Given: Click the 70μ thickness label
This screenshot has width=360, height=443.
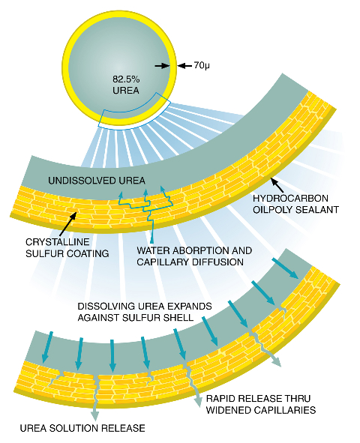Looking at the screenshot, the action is pos(202,65).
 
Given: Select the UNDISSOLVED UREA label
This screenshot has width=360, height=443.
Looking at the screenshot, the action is pos(97,181).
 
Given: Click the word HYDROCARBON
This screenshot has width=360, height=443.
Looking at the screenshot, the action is pos(290,199).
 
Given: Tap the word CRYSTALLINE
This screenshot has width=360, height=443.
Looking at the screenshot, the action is pos(58,242).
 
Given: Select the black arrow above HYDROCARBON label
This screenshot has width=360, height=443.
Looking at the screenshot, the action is pos(277,184).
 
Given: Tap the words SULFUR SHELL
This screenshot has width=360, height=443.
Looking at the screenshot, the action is pos(158,318).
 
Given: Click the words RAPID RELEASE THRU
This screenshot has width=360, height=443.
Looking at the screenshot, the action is pos(258,398).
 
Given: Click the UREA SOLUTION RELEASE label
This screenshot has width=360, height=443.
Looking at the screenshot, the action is pos(82,428).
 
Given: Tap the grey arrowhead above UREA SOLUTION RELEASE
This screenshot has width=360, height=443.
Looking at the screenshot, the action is pos(95,415).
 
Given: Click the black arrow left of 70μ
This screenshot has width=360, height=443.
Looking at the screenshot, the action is pos(162,65).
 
